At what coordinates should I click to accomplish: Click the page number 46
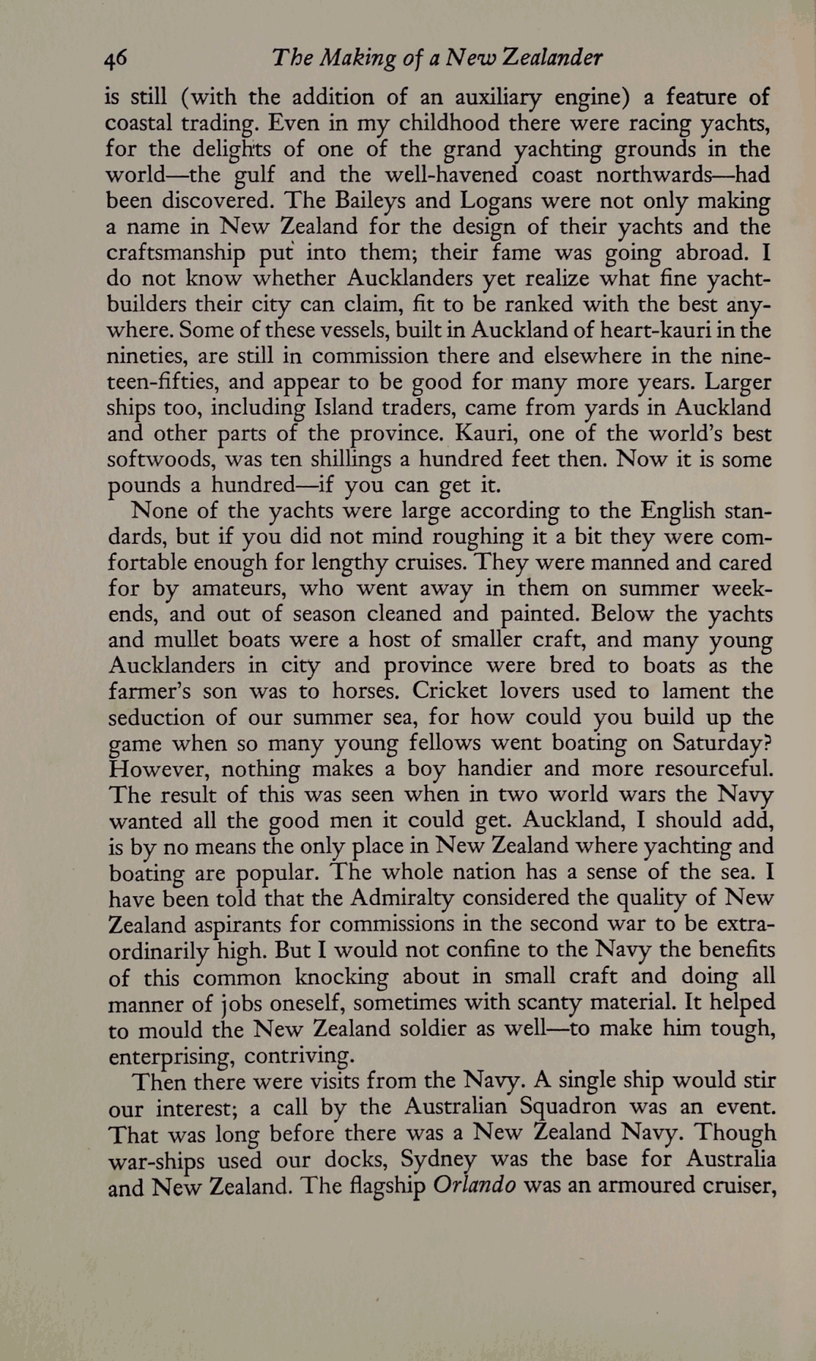[116, 59]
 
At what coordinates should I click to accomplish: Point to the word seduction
[156, 717]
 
